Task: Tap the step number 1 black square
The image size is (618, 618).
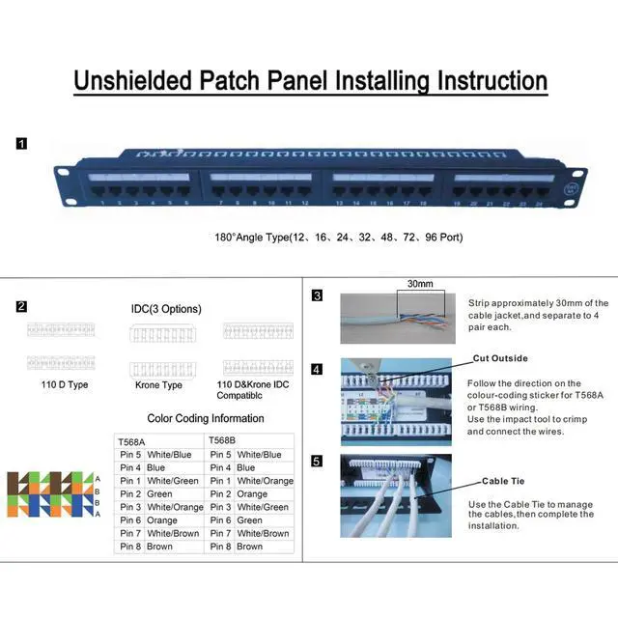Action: pyautogui.click(x=21, y=144)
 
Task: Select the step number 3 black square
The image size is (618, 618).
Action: pyautogui.click(x=317, y=295)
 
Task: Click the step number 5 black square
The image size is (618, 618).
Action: pyautogui.click(x=317, y=462)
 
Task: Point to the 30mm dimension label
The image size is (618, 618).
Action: pyautogui.click(x=420, y=284)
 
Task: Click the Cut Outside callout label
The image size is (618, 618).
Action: pyautogui.click(x=500, y=358)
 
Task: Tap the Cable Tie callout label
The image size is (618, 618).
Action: pyautogui.click(x=503, y=480)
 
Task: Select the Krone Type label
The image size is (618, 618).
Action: pyautogui.click(x=159, y=384)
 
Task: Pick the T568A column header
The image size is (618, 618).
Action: pyautogui.click(x=131, y=441)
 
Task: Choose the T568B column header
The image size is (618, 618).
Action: pyautogui.click(x=223, y=440)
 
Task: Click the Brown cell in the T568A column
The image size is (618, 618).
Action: pyautogui.click(x=159, y=547)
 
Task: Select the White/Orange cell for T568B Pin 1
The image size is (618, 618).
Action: pyautogui.click(x=265, y=481)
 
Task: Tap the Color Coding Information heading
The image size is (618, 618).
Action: pyautogui.click(x=205, y=418)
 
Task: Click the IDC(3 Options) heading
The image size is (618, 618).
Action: pyautogui.click(x=166, y=309)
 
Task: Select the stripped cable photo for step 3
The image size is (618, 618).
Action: pyautogui.click(x=396, y=320)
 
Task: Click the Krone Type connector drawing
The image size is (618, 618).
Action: pyautogui.click(x=158, y=369)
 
